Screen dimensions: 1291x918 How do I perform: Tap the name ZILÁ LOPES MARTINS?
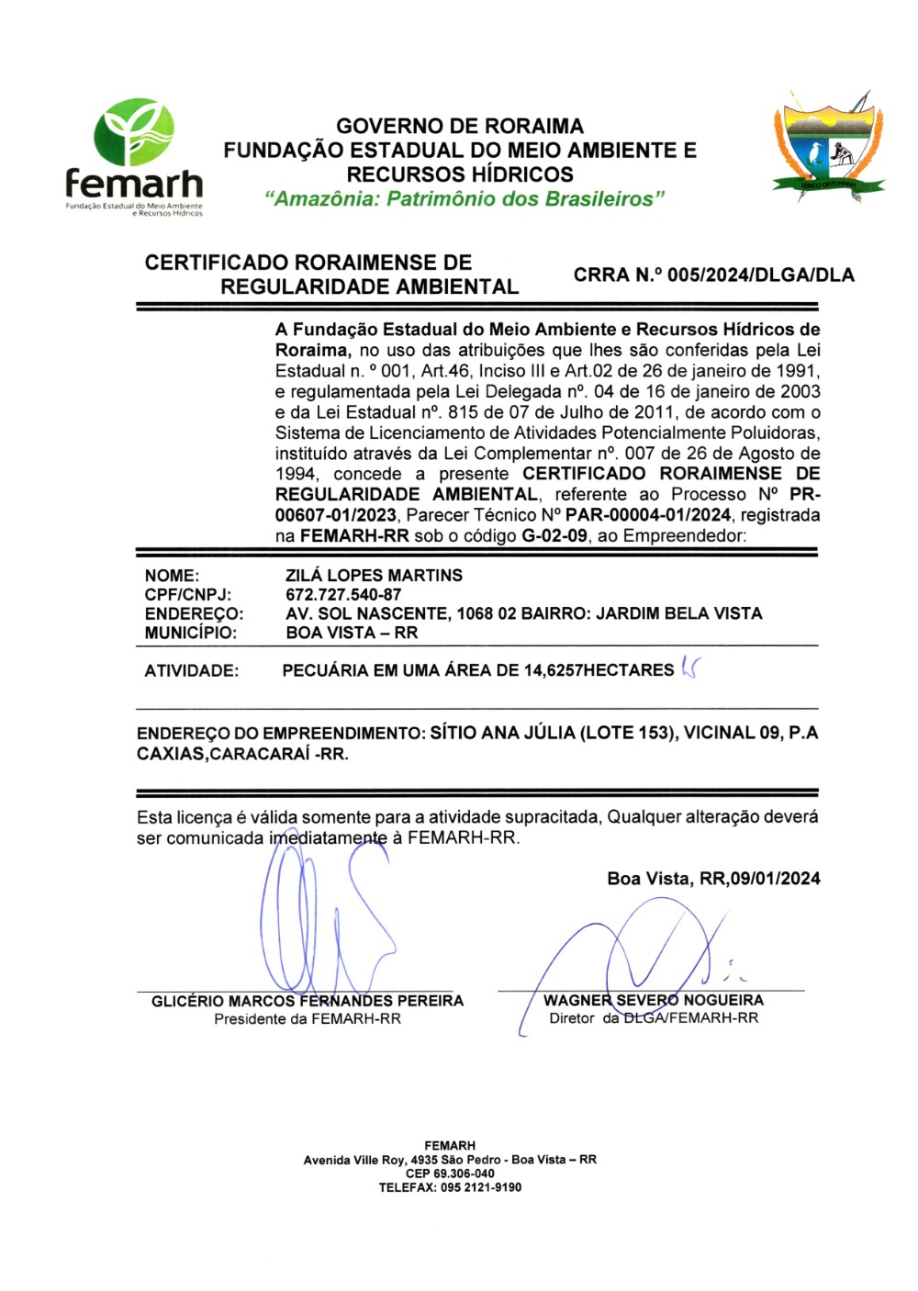point(374,576)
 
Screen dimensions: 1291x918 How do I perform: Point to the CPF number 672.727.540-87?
point(343,595)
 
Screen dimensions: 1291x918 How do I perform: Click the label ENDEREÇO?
point(194,613)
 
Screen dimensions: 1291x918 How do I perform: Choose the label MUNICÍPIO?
point(190,633)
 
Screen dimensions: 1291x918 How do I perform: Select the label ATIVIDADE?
point(191,671)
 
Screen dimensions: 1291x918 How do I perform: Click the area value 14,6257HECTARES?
point(599,671)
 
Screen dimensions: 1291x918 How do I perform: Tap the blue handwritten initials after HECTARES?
point(689,669)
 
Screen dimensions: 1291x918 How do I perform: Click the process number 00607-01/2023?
point(336,516)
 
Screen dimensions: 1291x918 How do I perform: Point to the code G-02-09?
point(554,536)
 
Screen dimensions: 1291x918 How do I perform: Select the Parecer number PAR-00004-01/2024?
point(648,516)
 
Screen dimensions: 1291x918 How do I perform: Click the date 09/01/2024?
point(776,879)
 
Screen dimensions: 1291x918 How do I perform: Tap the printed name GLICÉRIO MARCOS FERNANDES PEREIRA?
point(308,1001)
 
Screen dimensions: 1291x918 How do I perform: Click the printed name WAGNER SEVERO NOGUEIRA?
point(654,1000)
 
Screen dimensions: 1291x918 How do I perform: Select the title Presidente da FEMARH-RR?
point(308,1019)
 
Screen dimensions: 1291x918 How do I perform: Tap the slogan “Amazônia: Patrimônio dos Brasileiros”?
point(464,199)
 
